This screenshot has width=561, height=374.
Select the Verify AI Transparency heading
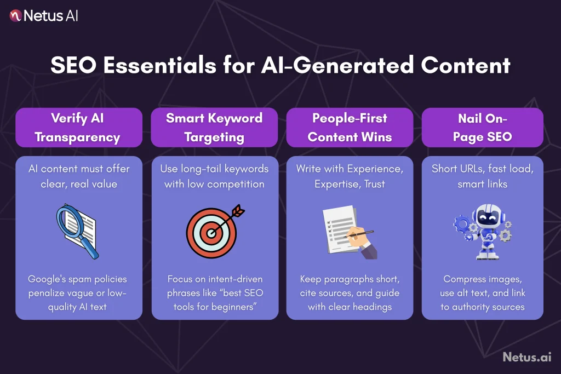coord(78,128)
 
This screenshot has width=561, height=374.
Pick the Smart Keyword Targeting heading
coord(214,128)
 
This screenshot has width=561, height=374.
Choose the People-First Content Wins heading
coord(350,128)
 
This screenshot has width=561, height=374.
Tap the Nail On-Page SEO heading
coord(482,128)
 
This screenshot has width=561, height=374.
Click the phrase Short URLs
coord(452,169)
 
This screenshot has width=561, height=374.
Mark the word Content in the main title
coord(466,66)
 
